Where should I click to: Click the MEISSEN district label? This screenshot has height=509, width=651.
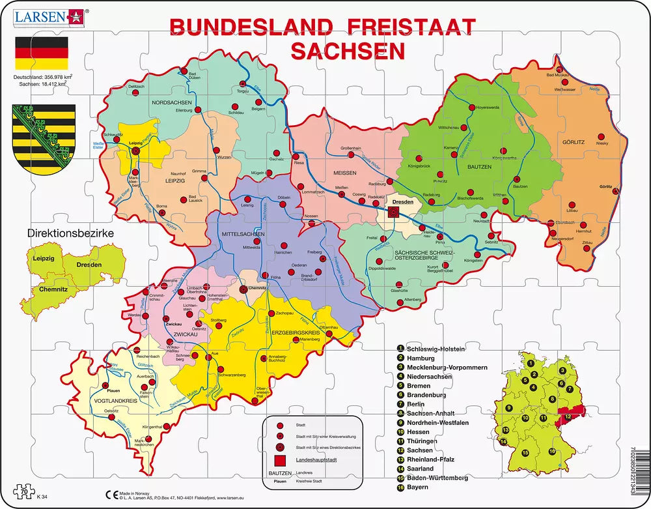point(345,173)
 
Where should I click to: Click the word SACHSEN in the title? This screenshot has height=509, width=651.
point(347,51)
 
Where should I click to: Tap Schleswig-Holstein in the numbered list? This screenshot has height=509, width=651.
point(436,349)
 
